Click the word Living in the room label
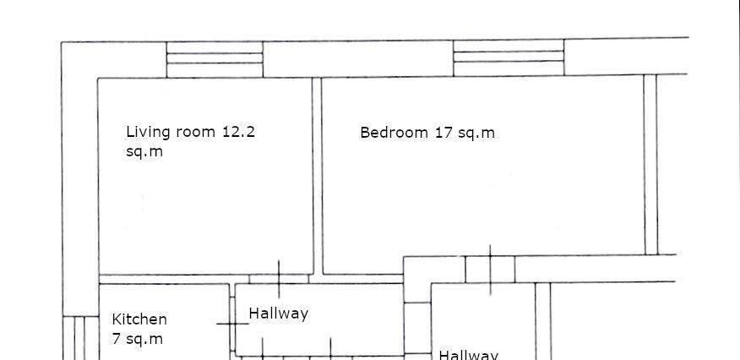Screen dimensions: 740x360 coord(148,132)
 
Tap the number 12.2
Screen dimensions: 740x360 coord(238,132)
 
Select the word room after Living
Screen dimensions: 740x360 coord(195,133)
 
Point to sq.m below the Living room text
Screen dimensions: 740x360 coord(144,152)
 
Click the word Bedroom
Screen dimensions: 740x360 coord(394,132)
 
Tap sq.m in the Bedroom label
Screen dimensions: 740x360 coord(476,134)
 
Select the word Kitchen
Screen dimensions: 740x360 coord(139,319)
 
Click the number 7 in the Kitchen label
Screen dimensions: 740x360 coord(117,338)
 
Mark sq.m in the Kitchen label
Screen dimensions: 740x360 coord(144,339)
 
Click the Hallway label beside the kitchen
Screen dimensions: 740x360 coord(279,314)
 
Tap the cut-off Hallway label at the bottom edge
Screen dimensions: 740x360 coord(469,355)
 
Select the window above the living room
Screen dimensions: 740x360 coord(215,59)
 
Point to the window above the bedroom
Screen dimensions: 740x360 coord(509,57)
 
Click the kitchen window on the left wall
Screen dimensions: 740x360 coord(81,338)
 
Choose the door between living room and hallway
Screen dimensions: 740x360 coord(279,279)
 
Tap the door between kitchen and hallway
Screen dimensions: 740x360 coord(232,325)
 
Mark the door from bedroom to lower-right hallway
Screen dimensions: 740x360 coord(490,270)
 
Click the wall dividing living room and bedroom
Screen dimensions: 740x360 coord(317,176)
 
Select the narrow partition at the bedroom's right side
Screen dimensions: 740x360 coord(650,165)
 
